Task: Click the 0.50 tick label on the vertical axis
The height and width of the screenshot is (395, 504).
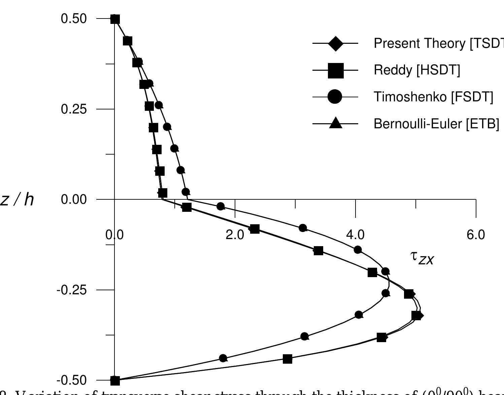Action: (x=74, y=19)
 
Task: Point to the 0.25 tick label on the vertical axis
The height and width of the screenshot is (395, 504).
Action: (x=74, y=109)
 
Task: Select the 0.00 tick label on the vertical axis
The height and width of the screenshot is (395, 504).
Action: (x=74, y=200)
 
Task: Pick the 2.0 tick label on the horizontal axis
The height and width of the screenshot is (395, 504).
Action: (x=235, y=235)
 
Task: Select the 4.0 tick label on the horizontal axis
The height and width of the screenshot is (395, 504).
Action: (x=356, y=235)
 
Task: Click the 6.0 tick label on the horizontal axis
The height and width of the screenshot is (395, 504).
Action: (x=476, y=235)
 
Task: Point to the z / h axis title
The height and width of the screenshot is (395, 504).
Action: (x=18, y=200)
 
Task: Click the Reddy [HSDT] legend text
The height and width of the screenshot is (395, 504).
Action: (x=417, y=70)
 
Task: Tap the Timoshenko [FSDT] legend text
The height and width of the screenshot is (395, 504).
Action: (x=433, y=97)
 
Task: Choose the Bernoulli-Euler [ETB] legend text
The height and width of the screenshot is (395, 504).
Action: (x=436, y=124)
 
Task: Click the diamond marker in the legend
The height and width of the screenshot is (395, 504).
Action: (x=335, y=43)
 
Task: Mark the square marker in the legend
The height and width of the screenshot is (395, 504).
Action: (x=335, y=70)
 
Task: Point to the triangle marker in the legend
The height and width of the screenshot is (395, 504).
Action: (x=335, y=123)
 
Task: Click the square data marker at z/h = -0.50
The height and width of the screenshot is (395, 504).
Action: (x=115, y=381)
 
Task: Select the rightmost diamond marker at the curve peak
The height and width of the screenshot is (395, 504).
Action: (x=419, y=316)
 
